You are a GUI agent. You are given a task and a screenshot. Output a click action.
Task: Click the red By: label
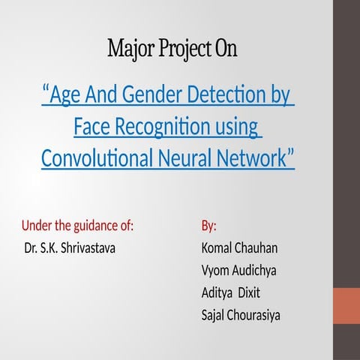209,226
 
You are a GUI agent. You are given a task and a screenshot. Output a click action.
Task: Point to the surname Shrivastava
90,247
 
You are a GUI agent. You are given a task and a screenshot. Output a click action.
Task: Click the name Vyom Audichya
238,270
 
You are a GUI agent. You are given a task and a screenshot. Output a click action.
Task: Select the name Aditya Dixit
231,292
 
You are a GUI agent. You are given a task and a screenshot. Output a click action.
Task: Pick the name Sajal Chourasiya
241,315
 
